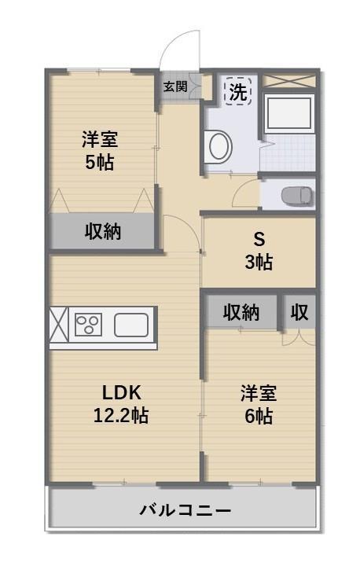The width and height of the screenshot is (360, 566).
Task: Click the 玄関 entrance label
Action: (x=174, y=86)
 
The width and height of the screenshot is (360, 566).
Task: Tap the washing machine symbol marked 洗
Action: (x=237, y=91)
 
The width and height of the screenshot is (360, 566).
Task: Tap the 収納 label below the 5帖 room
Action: (x=103, y=232)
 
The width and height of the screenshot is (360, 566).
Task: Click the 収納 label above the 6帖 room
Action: (x=241, y=312)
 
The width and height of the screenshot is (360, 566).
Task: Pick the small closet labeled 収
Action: (x=299, y=312)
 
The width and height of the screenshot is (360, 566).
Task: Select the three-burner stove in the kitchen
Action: (x=88, y=325)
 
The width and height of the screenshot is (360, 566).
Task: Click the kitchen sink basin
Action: (x=131, y=325)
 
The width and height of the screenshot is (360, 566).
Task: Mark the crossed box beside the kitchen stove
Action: (x=59, y=325)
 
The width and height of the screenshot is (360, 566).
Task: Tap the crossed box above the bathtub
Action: (x=288, y=81)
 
